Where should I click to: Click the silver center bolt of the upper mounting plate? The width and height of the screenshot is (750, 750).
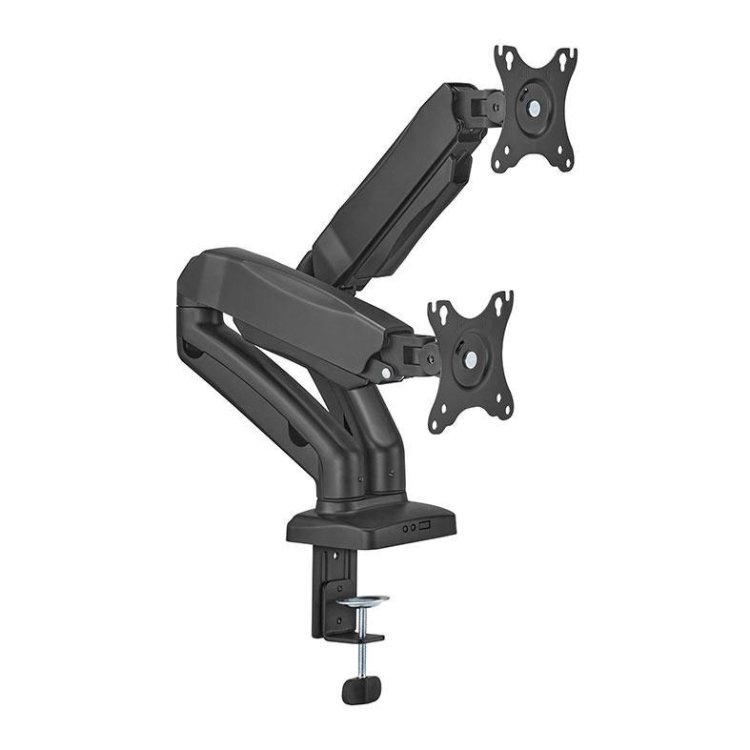tap(533, 110)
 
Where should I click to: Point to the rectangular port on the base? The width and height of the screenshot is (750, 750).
tap(425, 525)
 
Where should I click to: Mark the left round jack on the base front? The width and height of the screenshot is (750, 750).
tap(404, 527)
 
